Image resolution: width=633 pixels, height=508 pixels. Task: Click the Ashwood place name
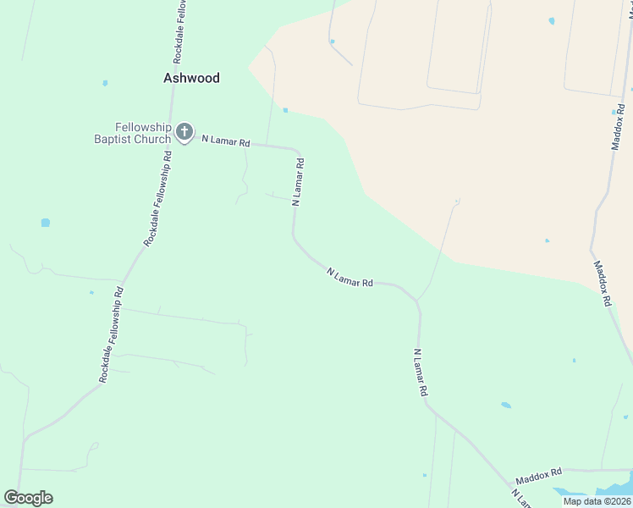click(191, 78)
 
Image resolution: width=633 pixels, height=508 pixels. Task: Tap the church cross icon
click(185, 132)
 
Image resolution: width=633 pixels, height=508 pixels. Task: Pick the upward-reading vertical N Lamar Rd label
click(297, 180)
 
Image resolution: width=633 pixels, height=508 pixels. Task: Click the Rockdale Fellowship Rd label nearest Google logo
click(112, 334)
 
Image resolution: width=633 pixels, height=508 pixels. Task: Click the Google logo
click(28, 498)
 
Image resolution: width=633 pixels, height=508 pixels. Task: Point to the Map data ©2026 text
click(597, 501)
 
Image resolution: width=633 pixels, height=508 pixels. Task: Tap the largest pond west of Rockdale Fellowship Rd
click(45, 223)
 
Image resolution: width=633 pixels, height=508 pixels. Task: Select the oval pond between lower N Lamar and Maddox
click(506, 405)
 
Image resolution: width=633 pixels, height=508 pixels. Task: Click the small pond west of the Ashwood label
click(105, 83)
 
